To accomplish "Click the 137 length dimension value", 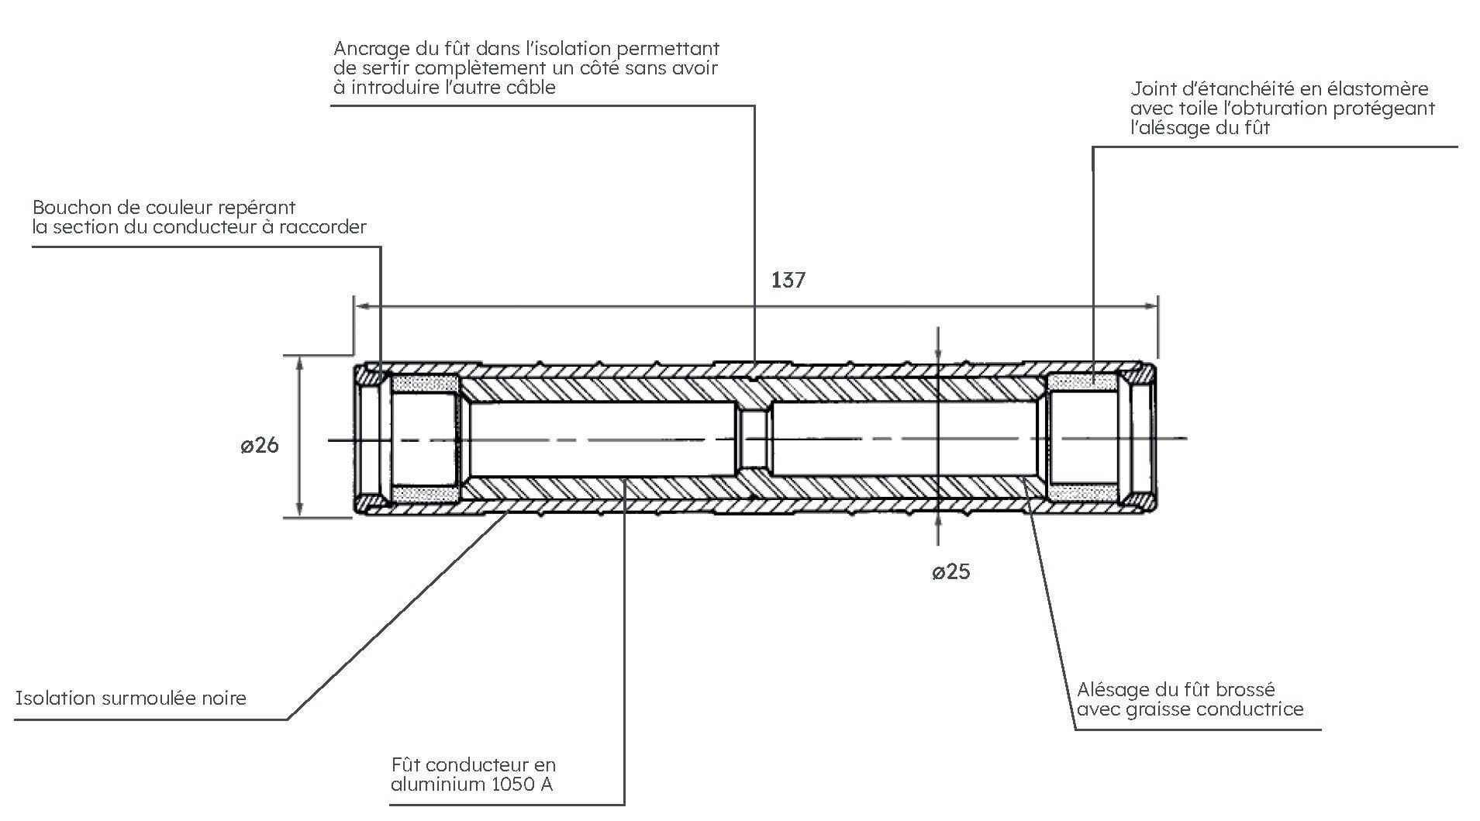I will pos(788,280).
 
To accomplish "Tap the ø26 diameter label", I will pos(259,446).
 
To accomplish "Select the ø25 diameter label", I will pos(950,572).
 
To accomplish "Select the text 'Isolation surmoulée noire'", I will pos(130,698).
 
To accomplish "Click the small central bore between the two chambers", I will pos(754,440).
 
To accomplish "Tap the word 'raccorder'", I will pos(328,227).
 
